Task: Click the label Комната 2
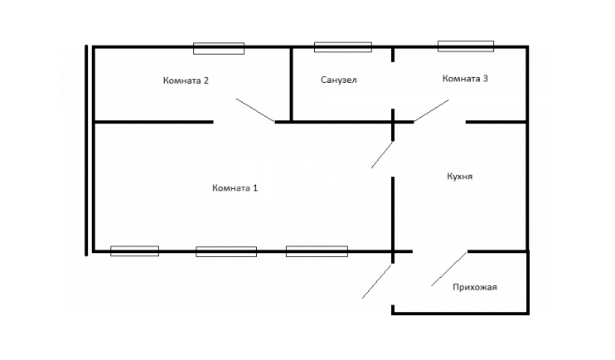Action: pyautogui.click(x=186, y=80)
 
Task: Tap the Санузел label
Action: pyautogui.click(x=338, y=80)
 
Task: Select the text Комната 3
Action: pyautogui.click(x=465, y=79)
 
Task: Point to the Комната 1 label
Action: pyautogui.click(x=235, y=187)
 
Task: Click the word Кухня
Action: pyautogui.click(x=460, y=177)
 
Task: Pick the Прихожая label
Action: pyautogui.click(x=475, y=287)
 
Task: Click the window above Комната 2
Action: pyautogui.click(x=219, y=48)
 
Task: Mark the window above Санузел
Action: pyautogui.click(x=343, y=47)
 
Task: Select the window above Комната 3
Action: pyautogui.click(x=466, y=46)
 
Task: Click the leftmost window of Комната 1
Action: pyautogui.click(x=134, y=251)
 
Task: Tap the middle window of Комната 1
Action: pyautogui.click(x=226, y=251)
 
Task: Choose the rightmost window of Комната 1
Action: pyautogui.click(x=317, y=251)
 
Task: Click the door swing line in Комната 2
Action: pyautogui.click(x=255, y=110)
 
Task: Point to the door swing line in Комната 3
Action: pyautogui.click(x=432, y=110)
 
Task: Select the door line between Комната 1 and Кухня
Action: pyautogui.click(x=382, y=154)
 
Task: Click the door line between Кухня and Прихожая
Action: pyautogui.click(x=449, y=269)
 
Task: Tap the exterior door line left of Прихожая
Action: pyautogui.click(x=376, y=281)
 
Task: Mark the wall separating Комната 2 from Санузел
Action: pyautogui.click(x=292, y=84)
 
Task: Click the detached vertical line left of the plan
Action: pyautogui.click(x=86, y=150)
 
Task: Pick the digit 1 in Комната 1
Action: pyautogui.click(x=255, y=187)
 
